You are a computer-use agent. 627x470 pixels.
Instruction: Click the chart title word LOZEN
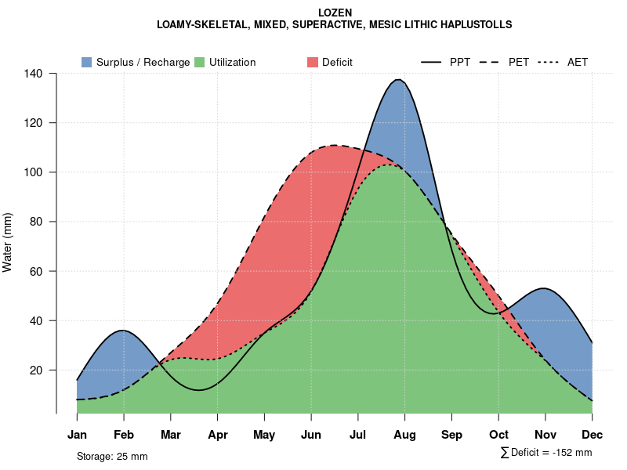(x=335, y=13)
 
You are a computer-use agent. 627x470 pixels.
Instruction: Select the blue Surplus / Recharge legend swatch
(x=86, y=62)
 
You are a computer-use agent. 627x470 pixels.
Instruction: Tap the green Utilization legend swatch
(x=199, y=62)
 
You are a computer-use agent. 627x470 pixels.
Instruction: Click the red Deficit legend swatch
(x=312, y=62)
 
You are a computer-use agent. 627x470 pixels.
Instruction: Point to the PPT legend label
(x=460, y=62)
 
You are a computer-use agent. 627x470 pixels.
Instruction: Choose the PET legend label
(x=519, y=62)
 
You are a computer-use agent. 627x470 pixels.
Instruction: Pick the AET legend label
(x=578, y=62)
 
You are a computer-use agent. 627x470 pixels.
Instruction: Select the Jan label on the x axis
(x=77, y=435)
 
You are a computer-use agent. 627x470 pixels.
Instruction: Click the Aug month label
(x=404, y=435)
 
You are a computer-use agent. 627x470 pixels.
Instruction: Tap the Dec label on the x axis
(x=593, y=435)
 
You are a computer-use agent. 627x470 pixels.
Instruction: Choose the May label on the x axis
(x=264, y=435)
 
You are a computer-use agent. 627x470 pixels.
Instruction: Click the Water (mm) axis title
(x=8, y=243)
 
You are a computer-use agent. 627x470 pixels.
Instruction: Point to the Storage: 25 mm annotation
(x=112, y=456)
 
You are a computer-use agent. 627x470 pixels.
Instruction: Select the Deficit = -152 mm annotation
(x=546, y=453)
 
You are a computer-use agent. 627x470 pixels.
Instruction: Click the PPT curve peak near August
(x=399, y=79)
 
